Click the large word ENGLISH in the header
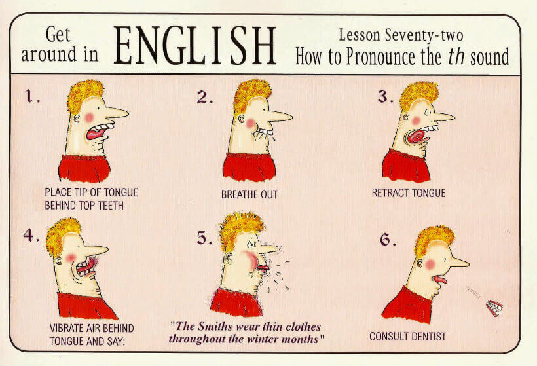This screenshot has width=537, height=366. (x=194, y=45)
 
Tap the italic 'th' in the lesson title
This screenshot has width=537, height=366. (x=456, y=57)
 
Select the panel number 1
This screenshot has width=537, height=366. (x=33, y=96)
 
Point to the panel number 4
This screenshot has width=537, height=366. (x=31, y=235)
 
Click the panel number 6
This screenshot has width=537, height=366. (x=388, y=240)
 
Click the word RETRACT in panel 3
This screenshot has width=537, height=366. (x=390, y=193)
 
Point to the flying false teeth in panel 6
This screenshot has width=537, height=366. (x=494, y=308)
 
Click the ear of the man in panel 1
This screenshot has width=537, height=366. (x=77, y=119)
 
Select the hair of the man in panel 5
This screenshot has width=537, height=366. (x=241, y=229)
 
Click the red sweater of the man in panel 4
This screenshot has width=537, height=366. (x=85, y=305)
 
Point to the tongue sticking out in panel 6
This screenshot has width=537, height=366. (x=439, y=280)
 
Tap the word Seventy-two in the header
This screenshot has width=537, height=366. (x=424, y=35)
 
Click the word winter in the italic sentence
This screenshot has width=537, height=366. (x=263, y=339)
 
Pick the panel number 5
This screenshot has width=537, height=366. (x=204, y=238)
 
